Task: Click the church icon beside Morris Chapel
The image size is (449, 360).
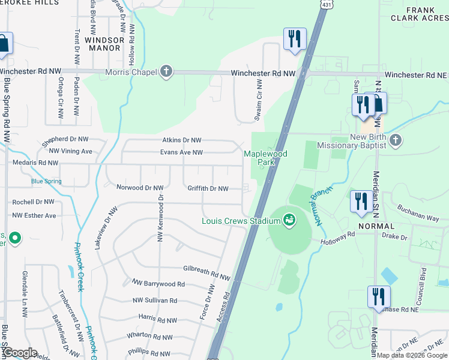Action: pos(166,73)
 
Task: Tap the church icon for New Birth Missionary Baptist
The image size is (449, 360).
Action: pos(395,142)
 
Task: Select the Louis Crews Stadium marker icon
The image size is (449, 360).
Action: pos(290,221)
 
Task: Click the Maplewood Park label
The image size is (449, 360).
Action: pos(266,158)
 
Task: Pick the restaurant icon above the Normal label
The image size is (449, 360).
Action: pos(361,201)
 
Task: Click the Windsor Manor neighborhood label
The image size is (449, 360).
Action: pos(104,44)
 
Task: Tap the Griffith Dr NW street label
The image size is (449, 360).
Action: pos(208,188)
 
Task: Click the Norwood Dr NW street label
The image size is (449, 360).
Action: pos(140,188)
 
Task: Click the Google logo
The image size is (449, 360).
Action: pos(19,353)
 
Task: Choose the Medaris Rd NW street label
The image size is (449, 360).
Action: pos(36,163)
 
